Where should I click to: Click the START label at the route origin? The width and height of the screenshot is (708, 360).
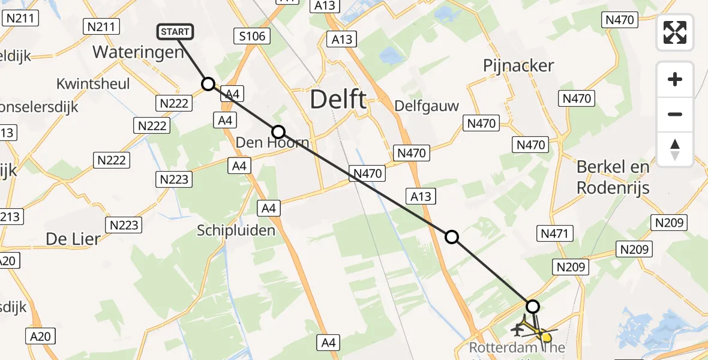pos(175,32)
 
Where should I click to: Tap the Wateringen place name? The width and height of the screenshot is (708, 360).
pos(138,52)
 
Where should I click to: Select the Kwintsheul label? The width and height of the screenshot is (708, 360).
pos(93,83)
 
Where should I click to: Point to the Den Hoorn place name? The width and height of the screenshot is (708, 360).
pos(272,143)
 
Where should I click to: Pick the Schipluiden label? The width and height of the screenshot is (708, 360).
pos(237,230)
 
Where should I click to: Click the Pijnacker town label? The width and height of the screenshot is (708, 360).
pos(518,65)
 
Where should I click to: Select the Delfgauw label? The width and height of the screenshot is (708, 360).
pos(427,106)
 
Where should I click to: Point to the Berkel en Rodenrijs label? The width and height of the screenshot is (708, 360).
pos(613,177)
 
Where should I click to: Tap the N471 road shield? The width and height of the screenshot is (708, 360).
pos(556,233)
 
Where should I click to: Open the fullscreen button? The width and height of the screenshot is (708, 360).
pos(675,32)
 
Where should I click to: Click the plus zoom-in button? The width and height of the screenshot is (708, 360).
pos(675,79)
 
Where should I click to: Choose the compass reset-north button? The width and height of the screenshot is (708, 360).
pos(675,149)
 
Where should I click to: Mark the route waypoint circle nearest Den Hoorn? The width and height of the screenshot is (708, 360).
pos(278,132)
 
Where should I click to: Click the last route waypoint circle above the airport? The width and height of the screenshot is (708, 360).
pos(532,307)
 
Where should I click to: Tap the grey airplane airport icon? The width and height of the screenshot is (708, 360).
pos(518,329)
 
